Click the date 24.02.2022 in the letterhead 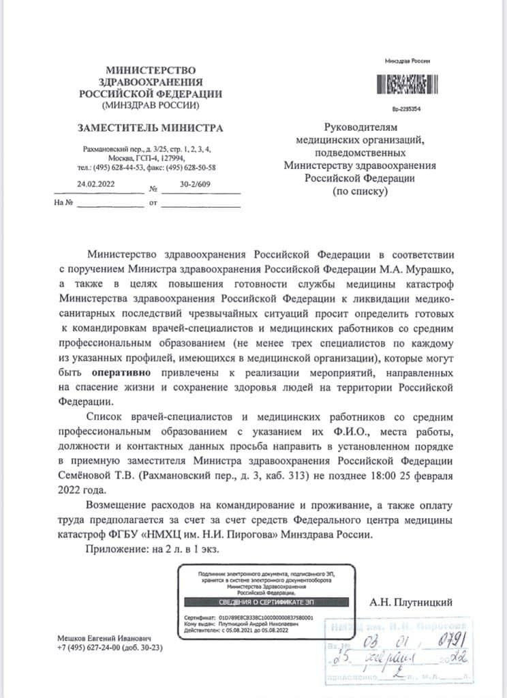(95, 183)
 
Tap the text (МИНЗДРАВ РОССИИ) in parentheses (150, 106)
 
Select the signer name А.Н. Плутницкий (410, 602)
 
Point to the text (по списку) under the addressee (359, 192)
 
